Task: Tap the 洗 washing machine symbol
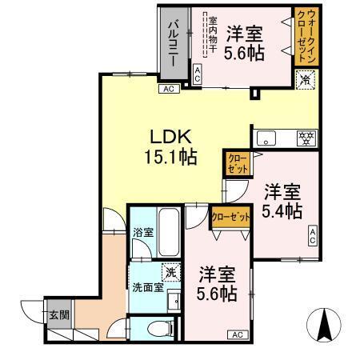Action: click(x=170, y=271)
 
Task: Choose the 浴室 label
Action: click(x=141, y=234)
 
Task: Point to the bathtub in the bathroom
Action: click(x=168, y=229)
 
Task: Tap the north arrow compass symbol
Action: click(x=326, y=324)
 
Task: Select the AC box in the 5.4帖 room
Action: click(x=313, y=235)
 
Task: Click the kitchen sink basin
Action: click(x=267, y=138)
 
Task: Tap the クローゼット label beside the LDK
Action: click(x=238, y=164)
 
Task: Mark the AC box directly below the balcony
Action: click(x=169, y=89)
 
